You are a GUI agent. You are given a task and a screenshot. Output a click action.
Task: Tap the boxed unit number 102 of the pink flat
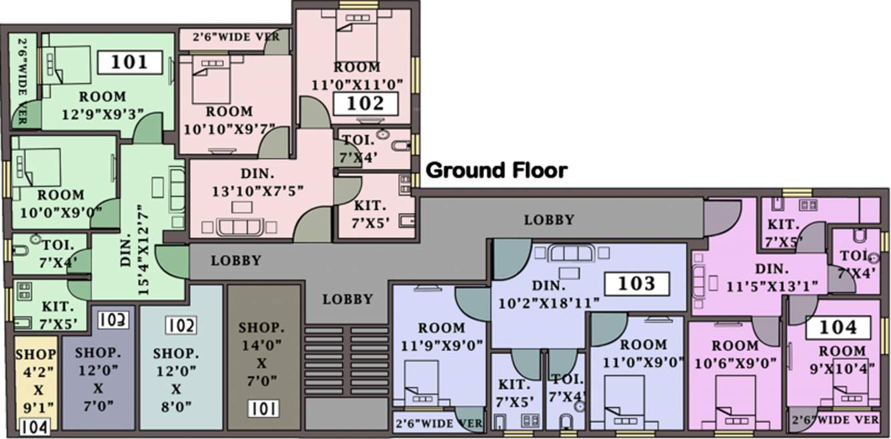tap(366, 103)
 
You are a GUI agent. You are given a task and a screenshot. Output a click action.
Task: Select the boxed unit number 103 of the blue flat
tap(636, 284)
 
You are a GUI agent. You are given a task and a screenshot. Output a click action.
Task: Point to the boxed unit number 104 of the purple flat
tap(838, 327)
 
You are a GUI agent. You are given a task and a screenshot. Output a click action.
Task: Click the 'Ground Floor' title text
tap(496, 171)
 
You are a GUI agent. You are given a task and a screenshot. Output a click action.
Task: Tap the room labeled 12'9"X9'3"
tap(102, 105)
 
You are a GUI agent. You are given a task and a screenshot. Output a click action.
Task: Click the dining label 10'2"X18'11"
tap(548, 294)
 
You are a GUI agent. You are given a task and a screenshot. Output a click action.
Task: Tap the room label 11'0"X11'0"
tap(356, 76)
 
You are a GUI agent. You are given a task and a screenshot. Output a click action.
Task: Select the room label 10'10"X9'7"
tap(229, 119)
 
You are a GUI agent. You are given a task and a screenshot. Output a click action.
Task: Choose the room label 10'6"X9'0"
tap(734, 354)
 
